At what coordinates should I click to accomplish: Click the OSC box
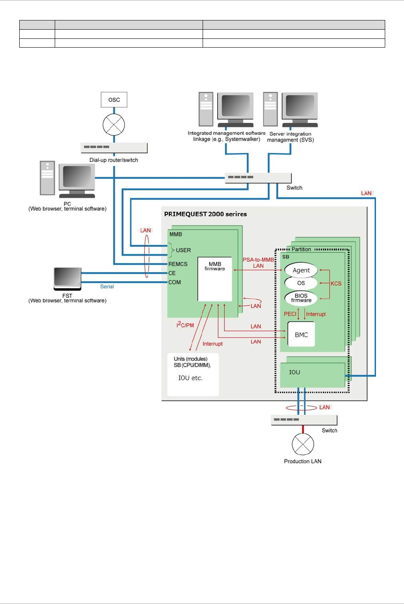114,100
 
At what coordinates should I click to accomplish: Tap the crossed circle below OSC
114,124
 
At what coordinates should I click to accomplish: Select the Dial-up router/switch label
114,160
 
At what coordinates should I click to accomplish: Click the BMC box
301,335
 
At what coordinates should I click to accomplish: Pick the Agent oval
301,270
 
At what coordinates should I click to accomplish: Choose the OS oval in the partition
301,283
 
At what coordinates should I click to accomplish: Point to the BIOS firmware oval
301,298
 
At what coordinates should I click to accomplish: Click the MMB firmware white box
215,279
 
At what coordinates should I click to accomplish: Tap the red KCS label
336,284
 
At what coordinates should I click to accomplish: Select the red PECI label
290,314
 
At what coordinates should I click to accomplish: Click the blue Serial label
107,287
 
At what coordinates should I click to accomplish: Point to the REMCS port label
178,264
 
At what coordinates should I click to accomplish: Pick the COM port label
175,282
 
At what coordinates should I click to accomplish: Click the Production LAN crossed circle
303,444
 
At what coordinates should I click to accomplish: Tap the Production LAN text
303,462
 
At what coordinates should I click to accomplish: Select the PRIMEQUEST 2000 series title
206,214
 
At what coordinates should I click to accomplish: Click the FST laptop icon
67,279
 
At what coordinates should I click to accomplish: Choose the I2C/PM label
185,325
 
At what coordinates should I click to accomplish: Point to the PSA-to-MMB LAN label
258,263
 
